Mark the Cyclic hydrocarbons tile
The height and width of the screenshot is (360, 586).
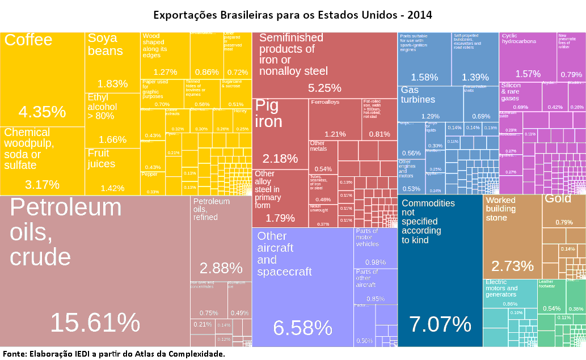click(x=528, y=57)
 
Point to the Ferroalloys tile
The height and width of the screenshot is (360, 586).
click(x=335, y=119)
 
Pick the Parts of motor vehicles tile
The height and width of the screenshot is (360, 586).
click(x=375, y=247)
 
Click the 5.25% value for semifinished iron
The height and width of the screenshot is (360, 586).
click(x=324, y=88)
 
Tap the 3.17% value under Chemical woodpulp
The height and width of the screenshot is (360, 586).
click(x=43, y=184)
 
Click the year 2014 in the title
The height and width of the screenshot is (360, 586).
click(x=419, y=14)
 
